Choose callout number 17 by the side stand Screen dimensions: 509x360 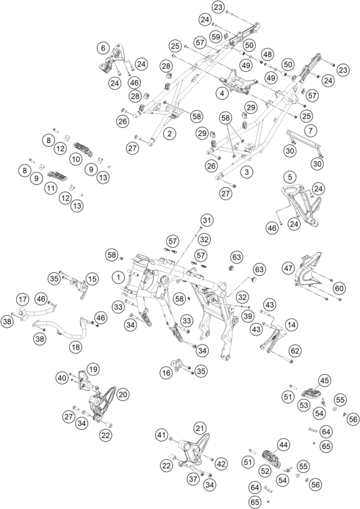pyautogui.click(x=22, y=299)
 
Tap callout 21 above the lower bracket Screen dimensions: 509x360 pyautogui.click(x=199, y=428)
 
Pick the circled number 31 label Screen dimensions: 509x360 pyautogui.click(x=207, y=220)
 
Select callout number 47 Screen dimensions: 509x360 pyautogui.click(x=288, y=268)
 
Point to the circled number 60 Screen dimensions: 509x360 pyautogui.click(x=339, y=288)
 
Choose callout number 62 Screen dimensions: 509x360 pyautogui.click(x=295, y=350)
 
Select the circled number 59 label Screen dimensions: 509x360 pyautogui.click(x=216, y=37)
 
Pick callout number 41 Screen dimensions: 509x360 pyautogui.click(x=161, y=434)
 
